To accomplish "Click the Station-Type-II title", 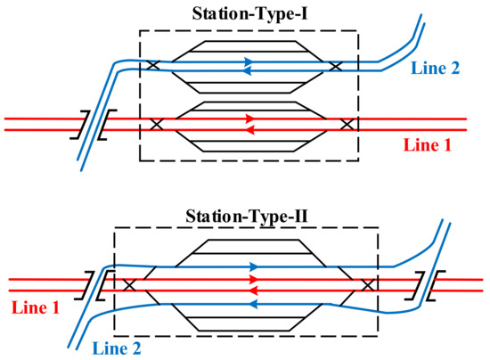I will pos(244,217).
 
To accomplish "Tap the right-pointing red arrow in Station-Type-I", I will pos(252,118).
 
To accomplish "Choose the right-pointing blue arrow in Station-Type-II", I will pos(256,266).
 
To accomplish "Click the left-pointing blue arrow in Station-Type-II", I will pos(253,304).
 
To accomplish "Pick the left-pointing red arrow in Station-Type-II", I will pos(253,290).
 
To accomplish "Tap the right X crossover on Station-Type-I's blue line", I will pos(335,66).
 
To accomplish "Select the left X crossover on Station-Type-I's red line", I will pos(159,124).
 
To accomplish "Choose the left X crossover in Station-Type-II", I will pos(130,285).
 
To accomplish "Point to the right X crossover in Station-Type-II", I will pos(367,285).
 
